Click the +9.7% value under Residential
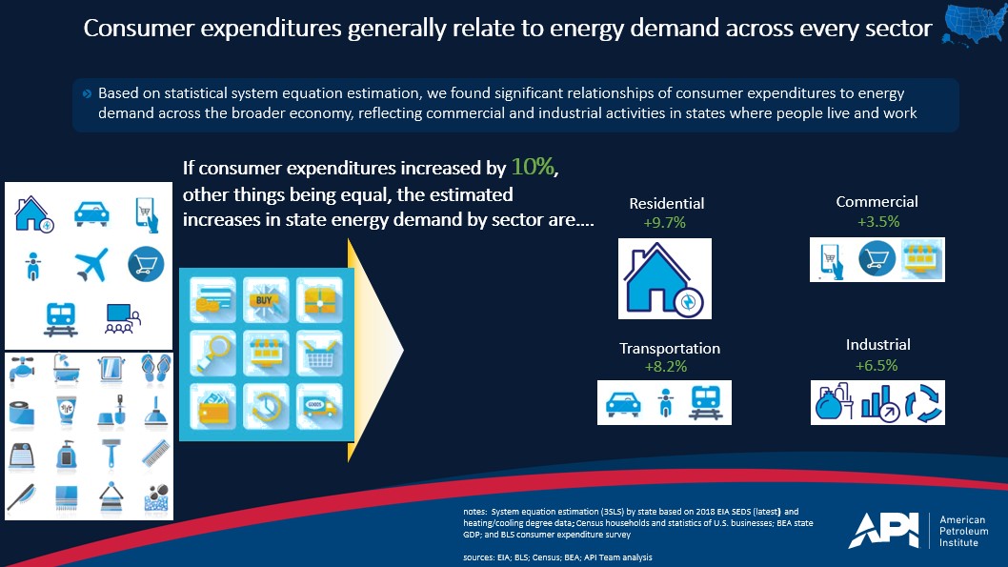pos(665,222)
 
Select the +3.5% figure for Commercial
pos(878,222)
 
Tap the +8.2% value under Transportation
pos(666,367)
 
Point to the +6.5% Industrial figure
pos(877,366)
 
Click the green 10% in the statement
pos(533,167)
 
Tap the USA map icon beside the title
pos(974,25)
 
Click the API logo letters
pos(884,531)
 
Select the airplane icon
pos(91,264)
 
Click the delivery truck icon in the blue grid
pos(319,406)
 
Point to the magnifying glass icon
pos(212,353)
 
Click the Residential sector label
pos(667,204)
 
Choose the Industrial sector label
pos(878,345)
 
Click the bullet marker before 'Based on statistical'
pos(87,93)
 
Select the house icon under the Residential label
pos(664,278)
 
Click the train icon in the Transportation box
pos(705,402)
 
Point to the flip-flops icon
pos(155,369)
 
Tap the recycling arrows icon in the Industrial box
pos(923,403)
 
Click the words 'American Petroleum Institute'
pos(963,531)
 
